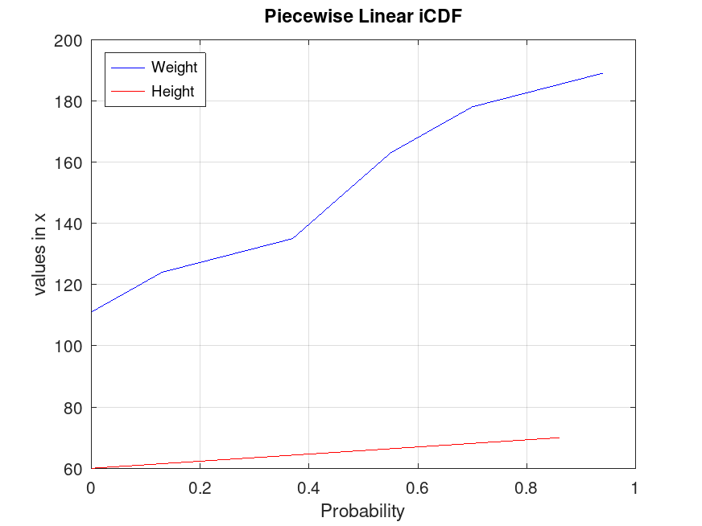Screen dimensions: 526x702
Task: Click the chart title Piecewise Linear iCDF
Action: (363, 17)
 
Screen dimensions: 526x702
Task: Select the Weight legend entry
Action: (174, 68)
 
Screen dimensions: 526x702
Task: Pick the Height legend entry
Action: (172, 92)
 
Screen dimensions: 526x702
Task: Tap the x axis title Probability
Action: (362, 511)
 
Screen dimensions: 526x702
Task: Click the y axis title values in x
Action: (40, 254)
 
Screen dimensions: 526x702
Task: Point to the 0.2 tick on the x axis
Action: (200, 487)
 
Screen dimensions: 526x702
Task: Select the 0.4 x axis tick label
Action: (308, 487)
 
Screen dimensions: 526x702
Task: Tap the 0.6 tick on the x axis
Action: (417, 487)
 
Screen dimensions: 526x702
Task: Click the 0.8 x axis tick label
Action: (526, 487)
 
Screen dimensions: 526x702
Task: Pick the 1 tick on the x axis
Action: (635, 487)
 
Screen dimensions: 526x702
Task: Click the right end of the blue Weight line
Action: (602, 73)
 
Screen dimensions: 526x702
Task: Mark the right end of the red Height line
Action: (559, 438)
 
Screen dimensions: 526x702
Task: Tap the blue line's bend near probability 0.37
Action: (292, 238)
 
